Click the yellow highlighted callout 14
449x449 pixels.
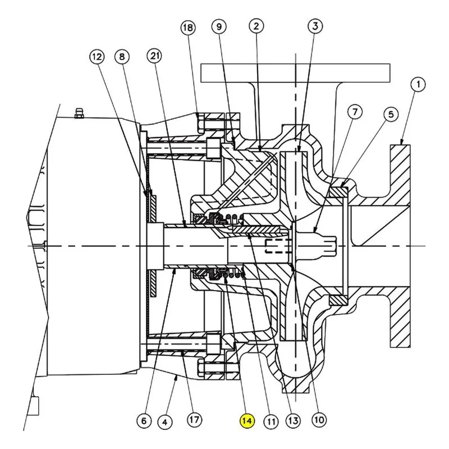pos(247,420)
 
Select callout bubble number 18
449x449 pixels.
pos(188,28)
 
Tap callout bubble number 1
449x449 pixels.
pos(418,85)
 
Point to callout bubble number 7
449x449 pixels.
pos(355,112)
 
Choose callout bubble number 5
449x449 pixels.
pos(391,114)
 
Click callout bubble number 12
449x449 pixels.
pos(97,57)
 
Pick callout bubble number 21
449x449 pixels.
pos(155,56)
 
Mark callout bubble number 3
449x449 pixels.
pos(315,26)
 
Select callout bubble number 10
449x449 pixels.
pos(319,420)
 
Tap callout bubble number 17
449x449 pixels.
pos(194,420)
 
